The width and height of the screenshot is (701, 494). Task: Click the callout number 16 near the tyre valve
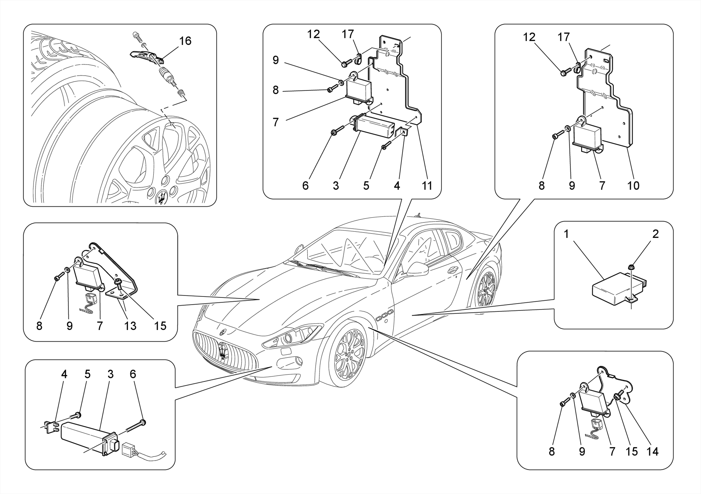point(185,41)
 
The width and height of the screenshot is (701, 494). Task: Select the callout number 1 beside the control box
point(566,234)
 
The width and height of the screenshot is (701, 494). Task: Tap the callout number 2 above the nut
point(655,234)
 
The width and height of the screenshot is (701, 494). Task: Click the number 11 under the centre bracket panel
point(427,186)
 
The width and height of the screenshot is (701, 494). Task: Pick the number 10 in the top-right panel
point(633,186)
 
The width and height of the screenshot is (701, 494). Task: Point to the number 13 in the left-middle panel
point(130,326)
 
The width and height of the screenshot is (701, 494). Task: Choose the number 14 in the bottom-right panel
point(652,452)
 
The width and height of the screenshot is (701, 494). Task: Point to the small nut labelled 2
point(630,267)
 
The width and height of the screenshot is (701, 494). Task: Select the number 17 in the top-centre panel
point(347,34)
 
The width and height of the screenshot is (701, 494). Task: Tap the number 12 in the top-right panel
point(529,37)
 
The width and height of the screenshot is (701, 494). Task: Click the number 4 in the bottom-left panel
point(64,374)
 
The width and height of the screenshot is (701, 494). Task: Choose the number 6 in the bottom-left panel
point(133,374)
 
